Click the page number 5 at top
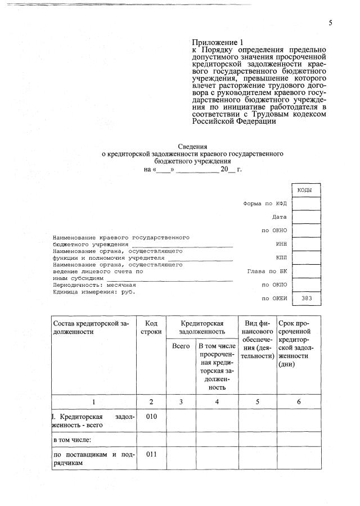pos(331,22)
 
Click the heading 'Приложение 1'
pos(218,42)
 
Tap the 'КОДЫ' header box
pos(307,190)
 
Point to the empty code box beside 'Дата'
pos(307,217)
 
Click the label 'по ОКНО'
pos(274,231)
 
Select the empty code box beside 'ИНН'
pos(307,244)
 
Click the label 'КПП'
pos(281,257)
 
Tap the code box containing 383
pos(307,298)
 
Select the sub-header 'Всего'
pos(181,346)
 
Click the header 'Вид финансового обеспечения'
pos(257,340)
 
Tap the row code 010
pos(151,417)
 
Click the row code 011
pos(151,455)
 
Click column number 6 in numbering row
pos(299,402)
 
